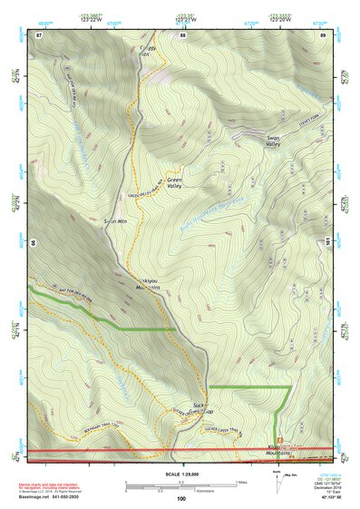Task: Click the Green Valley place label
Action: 177,183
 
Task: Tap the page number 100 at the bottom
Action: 181,498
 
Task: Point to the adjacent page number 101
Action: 326,241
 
